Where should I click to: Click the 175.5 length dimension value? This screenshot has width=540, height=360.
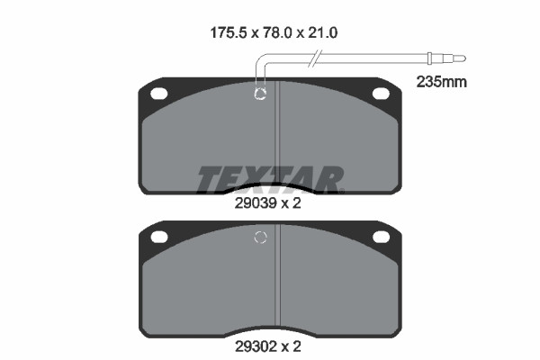(x=229, y=33)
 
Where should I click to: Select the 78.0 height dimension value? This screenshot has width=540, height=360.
(x=277, y=33)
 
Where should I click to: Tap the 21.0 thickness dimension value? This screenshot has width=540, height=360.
(x=323, y=33)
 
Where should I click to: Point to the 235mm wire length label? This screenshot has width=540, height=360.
(x=442, y=82)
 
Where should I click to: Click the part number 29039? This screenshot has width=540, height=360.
(x=256, y=203)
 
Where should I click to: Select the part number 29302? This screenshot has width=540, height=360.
(x=256, y=346)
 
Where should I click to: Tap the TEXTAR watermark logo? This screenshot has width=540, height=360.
(x=270, y=180)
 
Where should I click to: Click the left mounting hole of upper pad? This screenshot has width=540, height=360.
(x=158, y=94)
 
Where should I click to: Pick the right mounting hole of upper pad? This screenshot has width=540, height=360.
(x=381, y=94)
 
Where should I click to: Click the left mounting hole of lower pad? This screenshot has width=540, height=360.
(x=159, y=237)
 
